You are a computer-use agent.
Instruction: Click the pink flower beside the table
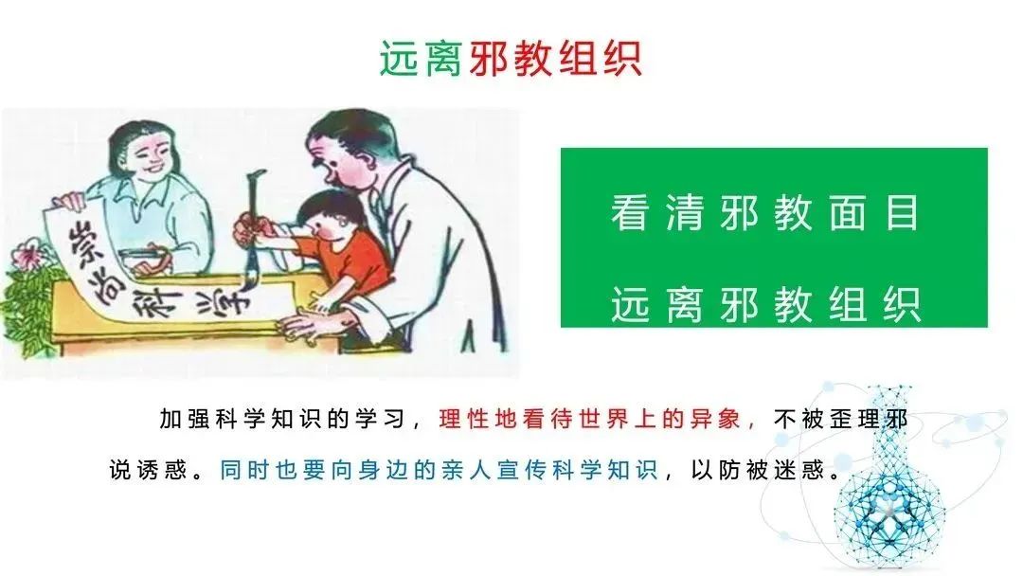tap(27, 256)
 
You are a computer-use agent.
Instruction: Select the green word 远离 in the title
tap(422, 59)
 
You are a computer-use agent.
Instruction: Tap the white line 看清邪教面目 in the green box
tap(765, 213)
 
